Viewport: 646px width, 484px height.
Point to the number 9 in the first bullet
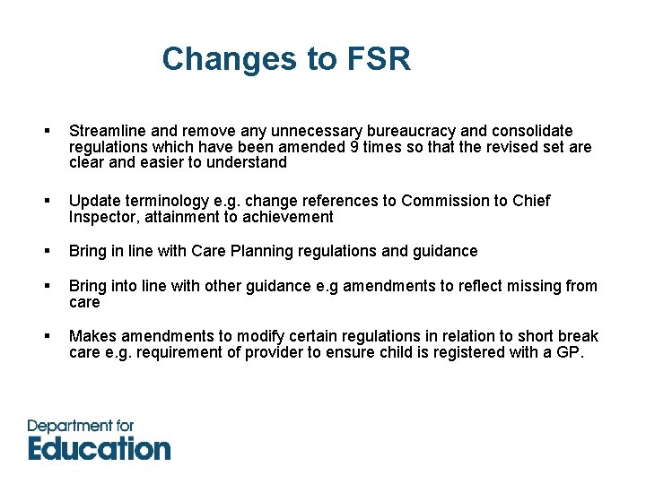(356, 147)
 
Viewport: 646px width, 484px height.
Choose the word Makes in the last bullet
(92, 336)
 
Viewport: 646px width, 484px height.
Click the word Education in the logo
(99, 448)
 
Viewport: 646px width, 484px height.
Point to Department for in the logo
(81, 426)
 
